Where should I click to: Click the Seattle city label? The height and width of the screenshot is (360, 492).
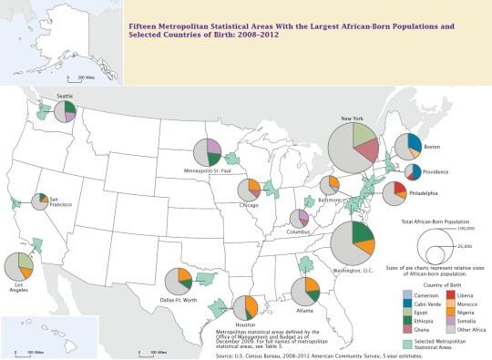(x=65, y=96)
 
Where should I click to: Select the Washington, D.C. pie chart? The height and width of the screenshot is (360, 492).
(x=352, y=242)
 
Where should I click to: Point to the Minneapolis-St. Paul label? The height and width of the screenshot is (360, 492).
(x=208, y=171)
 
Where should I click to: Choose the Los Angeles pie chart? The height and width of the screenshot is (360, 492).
(x=19, y=267)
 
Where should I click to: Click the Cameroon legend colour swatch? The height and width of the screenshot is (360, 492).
(x=407, y=295)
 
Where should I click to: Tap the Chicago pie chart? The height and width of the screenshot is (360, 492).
(x=249, y=190)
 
